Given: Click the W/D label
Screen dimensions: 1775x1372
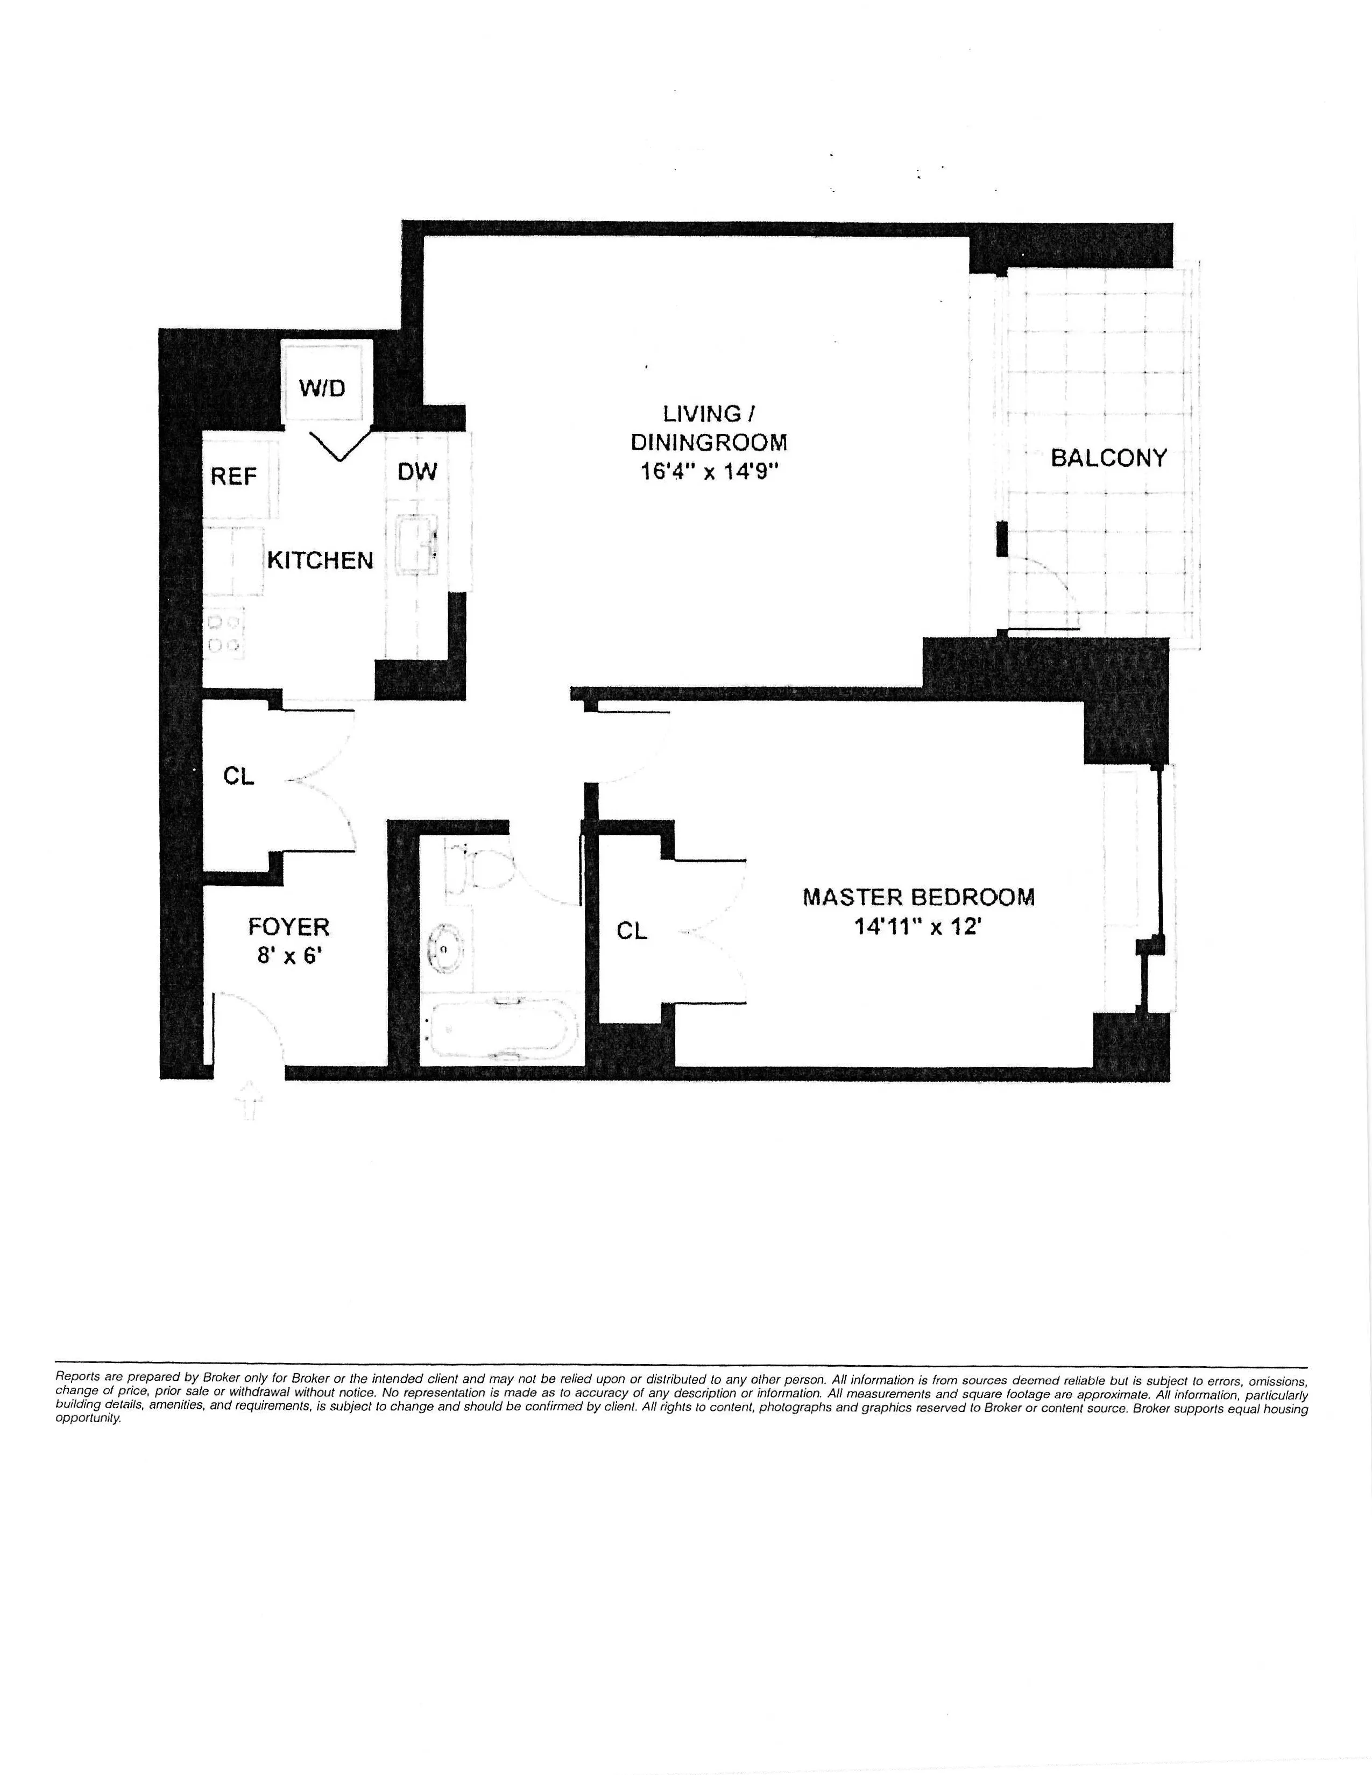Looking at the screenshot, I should [x=323, y=388].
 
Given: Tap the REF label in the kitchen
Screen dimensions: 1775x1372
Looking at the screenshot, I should [x=234, y=476].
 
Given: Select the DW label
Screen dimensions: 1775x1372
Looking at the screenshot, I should [x=417, y=471].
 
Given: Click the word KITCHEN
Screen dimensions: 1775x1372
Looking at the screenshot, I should [x=320, y=560].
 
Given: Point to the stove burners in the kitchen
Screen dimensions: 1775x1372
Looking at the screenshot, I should [x=224, y=635].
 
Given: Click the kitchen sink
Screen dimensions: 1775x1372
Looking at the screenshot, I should [x=418, y=544].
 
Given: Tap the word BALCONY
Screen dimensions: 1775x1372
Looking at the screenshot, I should [x=1109, y=458].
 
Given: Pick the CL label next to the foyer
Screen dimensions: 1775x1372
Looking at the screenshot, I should [x=239, y=776].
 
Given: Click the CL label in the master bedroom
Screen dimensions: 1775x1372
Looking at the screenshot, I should [x=632, y=931].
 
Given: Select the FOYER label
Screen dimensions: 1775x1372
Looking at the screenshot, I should [x=288, y=927].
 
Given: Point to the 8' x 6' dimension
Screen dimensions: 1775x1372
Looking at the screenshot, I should [x=289, y=955].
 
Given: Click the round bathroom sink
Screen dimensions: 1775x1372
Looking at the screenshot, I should [x=444, y=948].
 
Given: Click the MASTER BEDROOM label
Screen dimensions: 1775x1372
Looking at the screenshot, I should [x=918, y=897].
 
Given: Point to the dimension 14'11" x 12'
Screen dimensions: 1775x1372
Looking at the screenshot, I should [x=918, y=927].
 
